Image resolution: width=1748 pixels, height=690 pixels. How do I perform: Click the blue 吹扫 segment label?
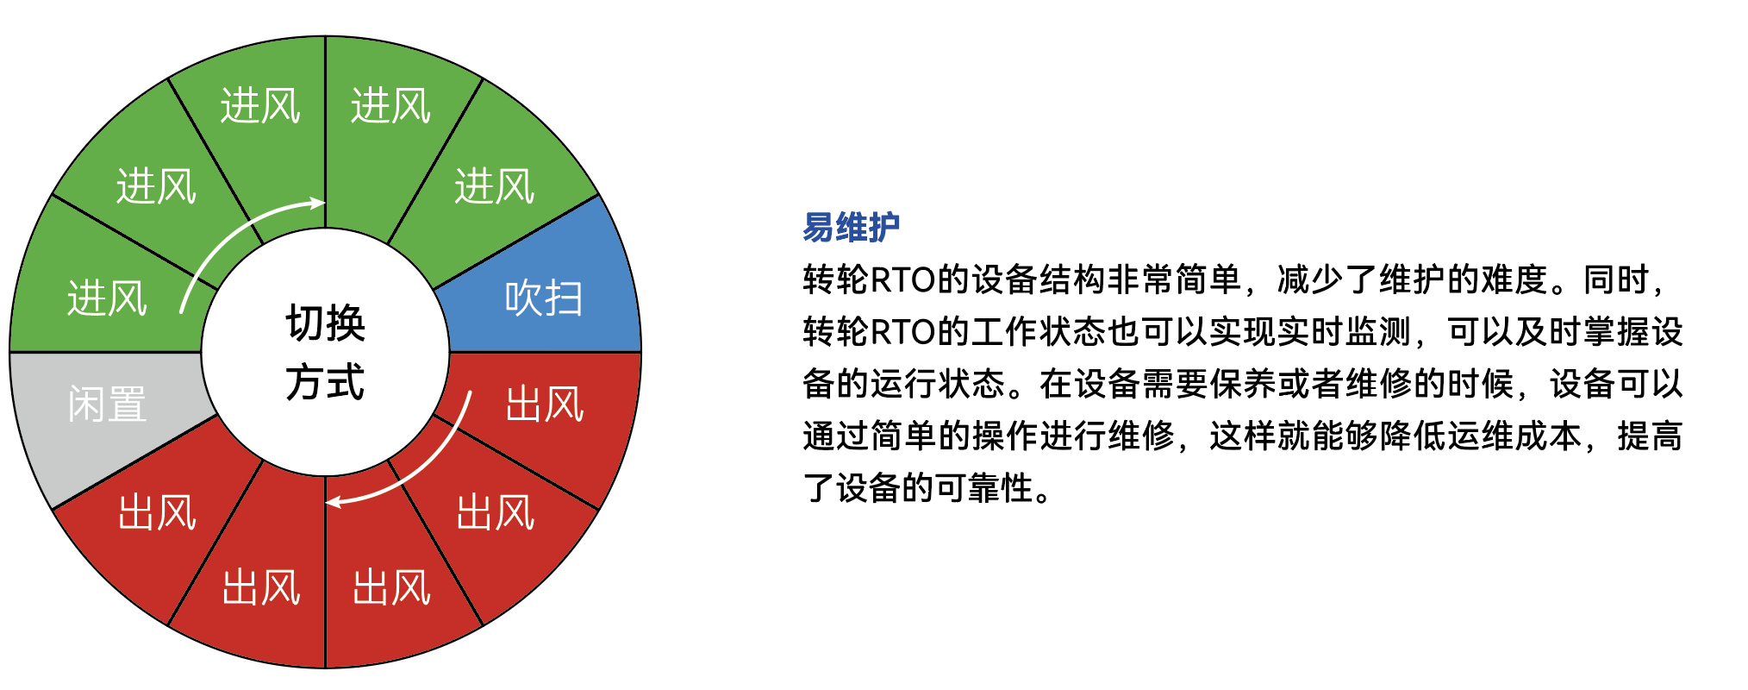(544, 298)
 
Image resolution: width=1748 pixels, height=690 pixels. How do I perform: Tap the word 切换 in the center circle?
(326, 323)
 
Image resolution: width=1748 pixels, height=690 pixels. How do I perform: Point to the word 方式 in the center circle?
(326, 381)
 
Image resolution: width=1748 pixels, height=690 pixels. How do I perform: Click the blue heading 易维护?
(852, 228)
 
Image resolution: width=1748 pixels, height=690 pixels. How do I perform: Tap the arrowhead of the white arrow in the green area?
(318, 204)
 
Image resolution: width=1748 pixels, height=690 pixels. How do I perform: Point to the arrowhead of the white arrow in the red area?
(333, 501)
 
